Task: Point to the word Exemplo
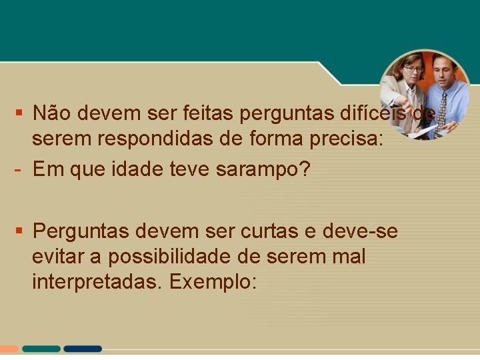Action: pos(213,282)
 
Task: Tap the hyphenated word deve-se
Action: pos(360,231)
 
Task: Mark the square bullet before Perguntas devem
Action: pos(20,231)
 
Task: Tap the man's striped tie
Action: pos(441,111)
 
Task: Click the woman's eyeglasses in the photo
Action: pos(413,69)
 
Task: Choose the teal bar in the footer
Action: pos(41,349)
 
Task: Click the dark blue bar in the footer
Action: pos(83,349)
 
